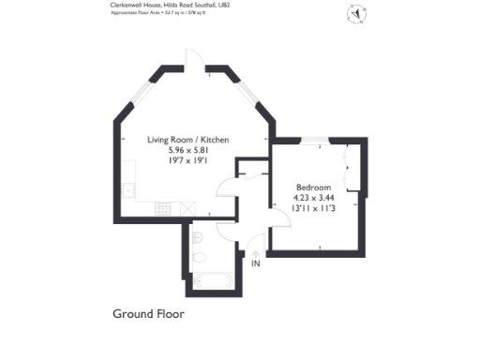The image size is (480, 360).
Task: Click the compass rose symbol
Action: click(357, 13)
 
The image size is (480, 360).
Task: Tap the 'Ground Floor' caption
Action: click(148, 313)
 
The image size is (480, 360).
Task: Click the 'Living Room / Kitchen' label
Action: click(187, 140)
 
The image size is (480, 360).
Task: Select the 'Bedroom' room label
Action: click(312, 187)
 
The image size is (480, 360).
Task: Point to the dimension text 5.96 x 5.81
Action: click(187, 150)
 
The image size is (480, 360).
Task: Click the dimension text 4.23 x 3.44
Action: click(314, 198)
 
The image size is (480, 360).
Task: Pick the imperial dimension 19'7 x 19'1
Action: click(187, 160)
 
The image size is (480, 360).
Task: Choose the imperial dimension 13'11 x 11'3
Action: click(314, 208)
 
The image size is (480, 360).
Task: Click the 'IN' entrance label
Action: click(256, 264)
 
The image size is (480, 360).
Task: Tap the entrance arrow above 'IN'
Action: click(256, 252)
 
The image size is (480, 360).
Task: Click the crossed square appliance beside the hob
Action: click(190, 207)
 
